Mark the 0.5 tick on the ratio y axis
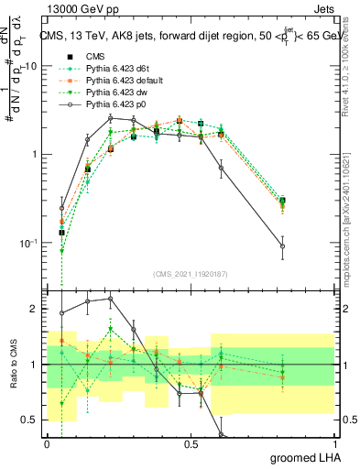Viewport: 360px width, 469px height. (34, 420)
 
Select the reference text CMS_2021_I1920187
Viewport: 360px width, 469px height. (190, 273)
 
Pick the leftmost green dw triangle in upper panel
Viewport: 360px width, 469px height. (61, 250)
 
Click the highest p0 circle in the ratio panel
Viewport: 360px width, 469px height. (110, 299)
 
